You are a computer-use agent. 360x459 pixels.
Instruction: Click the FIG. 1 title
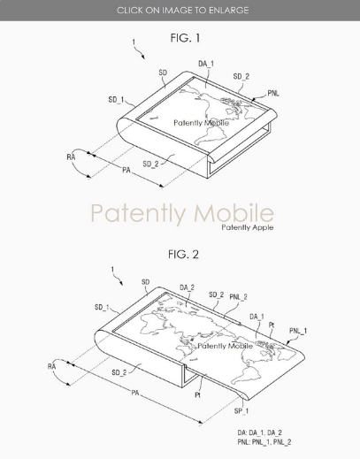[x=185, y=38]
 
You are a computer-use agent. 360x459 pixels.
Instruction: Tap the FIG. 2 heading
[x=183, y=254]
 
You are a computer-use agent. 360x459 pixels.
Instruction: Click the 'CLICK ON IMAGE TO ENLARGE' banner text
[x=183, y=11]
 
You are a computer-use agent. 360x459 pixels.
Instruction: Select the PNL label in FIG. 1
[x=273, y=94]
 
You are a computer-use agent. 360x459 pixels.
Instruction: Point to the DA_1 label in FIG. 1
[x=206, y=64]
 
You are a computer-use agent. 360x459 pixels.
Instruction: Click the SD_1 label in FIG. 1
[x=116, y=100]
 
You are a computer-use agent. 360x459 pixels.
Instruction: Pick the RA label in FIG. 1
[x=71, y=157]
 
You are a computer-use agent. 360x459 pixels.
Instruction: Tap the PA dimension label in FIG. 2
[x=135, y=393]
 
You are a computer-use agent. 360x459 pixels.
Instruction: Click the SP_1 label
[x=241, y=411]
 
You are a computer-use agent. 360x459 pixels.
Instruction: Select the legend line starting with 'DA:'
[x=260, y=432]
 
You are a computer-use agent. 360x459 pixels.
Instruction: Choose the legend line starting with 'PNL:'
[x=264, y=442]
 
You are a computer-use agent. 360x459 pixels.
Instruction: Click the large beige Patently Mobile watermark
[x=182, y=213]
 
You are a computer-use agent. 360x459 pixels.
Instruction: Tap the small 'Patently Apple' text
[x=248, y=227]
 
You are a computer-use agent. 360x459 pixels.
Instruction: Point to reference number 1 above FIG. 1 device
[x=134, y=42]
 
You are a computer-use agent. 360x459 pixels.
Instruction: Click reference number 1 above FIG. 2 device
[x=112, y=270]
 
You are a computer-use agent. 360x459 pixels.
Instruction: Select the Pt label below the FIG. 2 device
[x=197, y=394]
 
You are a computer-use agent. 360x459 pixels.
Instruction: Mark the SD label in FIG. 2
[x=146, y=282]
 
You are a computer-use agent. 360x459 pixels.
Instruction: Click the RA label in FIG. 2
[x=51, y=366]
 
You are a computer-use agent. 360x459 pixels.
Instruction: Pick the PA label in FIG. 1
[x=126, y=170]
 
